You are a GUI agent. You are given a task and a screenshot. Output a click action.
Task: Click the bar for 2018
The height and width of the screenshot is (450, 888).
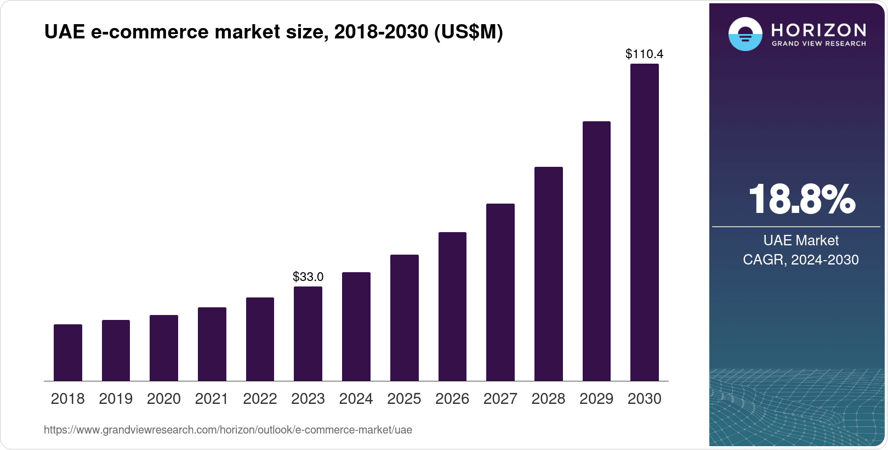point(68,352)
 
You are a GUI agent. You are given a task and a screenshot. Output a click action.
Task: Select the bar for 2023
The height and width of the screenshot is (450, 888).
point(308,334)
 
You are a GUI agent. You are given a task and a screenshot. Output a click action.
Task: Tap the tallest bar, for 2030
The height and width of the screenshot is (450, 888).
point(645,222)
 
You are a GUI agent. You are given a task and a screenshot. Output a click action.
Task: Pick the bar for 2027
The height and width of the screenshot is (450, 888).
point(500,292)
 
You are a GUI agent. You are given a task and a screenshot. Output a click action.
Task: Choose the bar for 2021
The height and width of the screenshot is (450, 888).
point(212,344)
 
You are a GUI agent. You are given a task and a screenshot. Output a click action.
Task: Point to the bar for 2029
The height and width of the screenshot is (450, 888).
point(596,251)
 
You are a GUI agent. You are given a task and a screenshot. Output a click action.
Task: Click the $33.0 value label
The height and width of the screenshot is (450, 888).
point(308,277)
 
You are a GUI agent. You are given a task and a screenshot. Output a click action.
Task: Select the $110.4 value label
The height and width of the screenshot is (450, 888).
point(645,54)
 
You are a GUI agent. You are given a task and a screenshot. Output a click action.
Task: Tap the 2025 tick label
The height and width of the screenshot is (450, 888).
point(404,399)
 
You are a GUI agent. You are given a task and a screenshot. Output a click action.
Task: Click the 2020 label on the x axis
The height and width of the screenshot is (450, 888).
point(164,399)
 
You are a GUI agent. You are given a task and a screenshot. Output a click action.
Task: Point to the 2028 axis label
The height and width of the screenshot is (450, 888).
point(548,399)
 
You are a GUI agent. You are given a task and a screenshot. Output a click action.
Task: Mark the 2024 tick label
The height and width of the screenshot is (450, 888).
point(356,399)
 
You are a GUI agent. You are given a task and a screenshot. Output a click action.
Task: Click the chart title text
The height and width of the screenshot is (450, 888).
point(274,32)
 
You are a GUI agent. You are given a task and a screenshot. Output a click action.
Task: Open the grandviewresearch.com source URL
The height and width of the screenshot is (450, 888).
point(228,430)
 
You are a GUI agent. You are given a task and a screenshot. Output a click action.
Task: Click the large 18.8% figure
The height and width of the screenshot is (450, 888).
point(801,199)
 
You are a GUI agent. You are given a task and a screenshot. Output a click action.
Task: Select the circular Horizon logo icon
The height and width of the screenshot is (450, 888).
point(745,34)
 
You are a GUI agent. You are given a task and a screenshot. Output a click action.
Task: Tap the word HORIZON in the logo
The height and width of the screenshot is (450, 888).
point(819,30)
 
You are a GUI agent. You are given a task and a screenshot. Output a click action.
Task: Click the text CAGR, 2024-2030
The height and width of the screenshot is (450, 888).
point(801,260)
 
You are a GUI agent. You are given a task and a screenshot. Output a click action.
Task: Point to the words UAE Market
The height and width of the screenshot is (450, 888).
point(801,240)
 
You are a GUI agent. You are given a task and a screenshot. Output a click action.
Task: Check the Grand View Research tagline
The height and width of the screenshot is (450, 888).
point(819,44)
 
